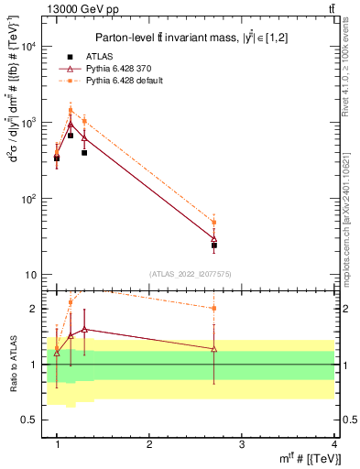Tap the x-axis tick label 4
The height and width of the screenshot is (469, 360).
tap(334, 443)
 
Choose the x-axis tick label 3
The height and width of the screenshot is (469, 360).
tap(242, 443)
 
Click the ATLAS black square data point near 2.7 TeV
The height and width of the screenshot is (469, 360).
tap(214, 245)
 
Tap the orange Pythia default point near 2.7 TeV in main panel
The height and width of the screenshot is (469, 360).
tap(214, 223)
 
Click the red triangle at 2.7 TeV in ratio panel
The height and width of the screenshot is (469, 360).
tap(214, 349)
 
